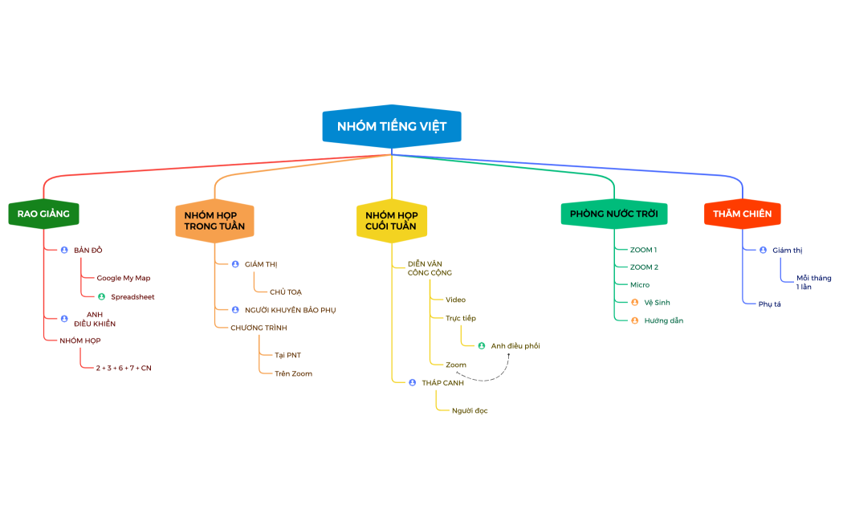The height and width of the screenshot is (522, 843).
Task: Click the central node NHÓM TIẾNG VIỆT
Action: pos(392,126)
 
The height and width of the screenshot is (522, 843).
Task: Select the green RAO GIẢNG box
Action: pos(43,214)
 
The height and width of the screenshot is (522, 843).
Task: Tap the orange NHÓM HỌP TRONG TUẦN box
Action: pos(214,220)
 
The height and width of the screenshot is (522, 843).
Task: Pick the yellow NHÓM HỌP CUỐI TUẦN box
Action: pos(392,220)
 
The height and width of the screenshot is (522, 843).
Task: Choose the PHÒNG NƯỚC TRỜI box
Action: pos(614,214)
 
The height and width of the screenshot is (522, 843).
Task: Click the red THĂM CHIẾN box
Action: pos(743,214)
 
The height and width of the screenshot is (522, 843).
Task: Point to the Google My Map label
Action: pos(124,278)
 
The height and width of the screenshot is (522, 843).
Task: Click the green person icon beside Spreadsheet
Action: pos(102,297)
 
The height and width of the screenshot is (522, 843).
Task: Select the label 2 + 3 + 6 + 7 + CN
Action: pos(124,369)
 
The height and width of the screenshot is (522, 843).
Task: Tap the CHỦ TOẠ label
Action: pos(286,292)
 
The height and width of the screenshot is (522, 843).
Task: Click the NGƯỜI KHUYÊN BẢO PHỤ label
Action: pos(291,310)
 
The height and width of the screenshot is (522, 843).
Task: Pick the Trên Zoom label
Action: pos(294,373)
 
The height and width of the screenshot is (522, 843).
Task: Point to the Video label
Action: pos(455,300)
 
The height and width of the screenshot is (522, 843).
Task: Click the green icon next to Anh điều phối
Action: pos(482,345)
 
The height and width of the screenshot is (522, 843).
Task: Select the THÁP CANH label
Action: pos(443,383)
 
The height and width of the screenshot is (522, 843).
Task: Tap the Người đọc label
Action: pos(470,410)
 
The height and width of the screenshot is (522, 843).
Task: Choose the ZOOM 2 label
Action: pos(644,267)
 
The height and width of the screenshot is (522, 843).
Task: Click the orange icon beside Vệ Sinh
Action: pos(635,303)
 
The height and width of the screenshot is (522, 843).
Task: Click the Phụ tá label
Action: pos(770,304)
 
